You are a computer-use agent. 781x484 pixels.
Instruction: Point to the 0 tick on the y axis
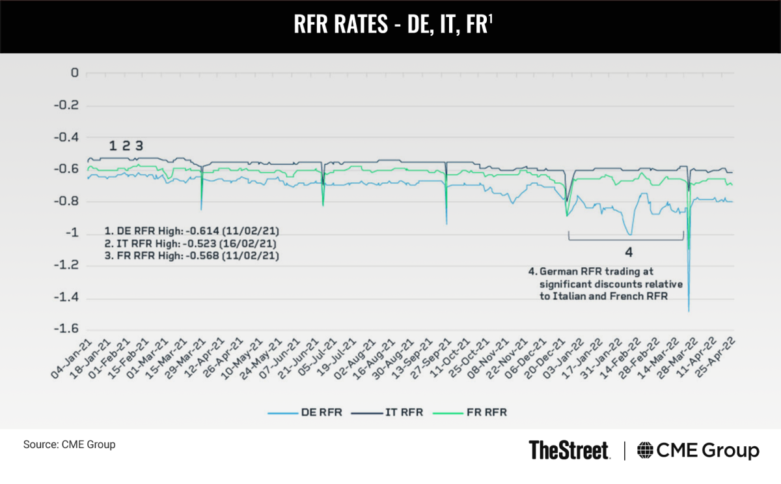[x=74, y=73]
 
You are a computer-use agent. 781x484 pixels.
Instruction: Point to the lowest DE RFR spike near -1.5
[x=689, y=310]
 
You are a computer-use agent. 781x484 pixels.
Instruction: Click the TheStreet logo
[x=569, y=450]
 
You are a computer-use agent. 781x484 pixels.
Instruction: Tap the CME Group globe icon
[x=646, y=450]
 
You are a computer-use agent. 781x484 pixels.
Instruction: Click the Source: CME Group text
[x=69, y=445]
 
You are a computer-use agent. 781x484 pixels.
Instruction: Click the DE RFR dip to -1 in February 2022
[x=629, y=234]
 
